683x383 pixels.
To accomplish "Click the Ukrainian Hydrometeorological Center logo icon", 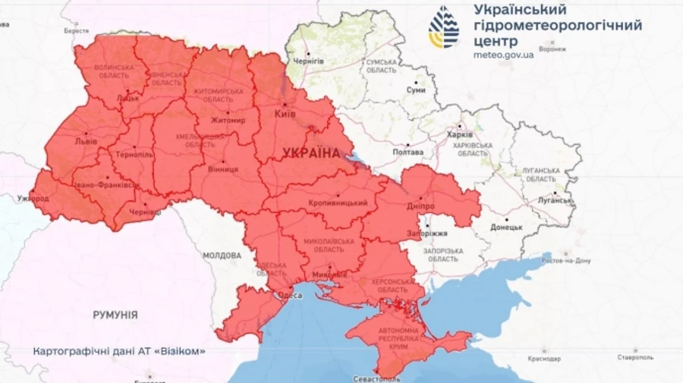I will click(x=444, y=27).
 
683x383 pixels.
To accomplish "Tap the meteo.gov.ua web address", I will click(x=503, y=55).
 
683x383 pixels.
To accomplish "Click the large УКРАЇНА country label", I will click(x=311, y=153).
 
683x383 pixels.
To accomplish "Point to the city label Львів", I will click(x=84, y=142).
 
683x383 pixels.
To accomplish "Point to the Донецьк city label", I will click(x=505, y=227).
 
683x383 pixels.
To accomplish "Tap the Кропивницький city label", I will click(x=338, y=203).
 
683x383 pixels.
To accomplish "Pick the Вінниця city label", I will click(x=222, y=169).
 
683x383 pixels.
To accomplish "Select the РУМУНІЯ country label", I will click(x=115, y=314).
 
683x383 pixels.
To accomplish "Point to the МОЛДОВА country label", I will click(x=222, y=256).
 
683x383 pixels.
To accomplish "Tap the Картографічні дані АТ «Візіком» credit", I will click(x=120, y=352).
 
